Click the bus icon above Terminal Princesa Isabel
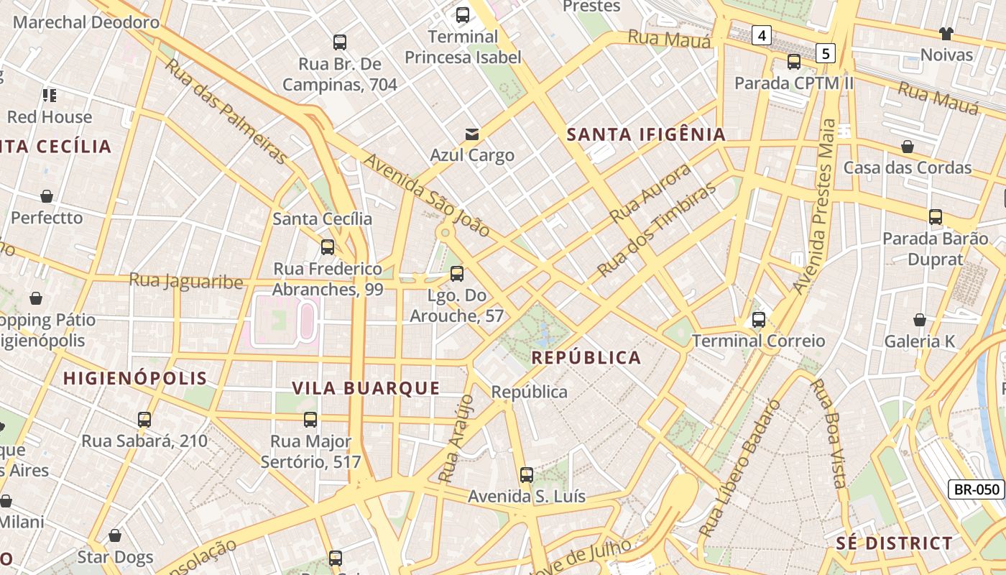pos(463,14)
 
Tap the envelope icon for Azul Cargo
pos(472,134)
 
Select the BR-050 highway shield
pos(977,490)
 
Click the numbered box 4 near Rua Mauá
pos(762,34)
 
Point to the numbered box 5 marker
pos(826,52)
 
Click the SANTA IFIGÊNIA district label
pos(646,134)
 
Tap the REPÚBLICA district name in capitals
pos(586,358)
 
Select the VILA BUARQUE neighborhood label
pos(366,389)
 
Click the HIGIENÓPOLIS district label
pos(134,379)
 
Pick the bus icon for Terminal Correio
pos(759,320)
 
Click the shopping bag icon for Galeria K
pos(919,320)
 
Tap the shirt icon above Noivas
pos(946,33)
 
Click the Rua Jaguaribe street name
pos(186,280)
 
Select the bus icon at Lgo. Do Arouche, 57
pos(456,274)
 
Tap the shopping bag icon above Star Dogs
pos(115,535)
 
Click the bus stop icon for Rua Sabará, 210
pos(144,419)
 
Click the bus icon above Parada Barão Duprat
pos(935,217)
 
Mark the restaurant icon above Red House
pos(50,95)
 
